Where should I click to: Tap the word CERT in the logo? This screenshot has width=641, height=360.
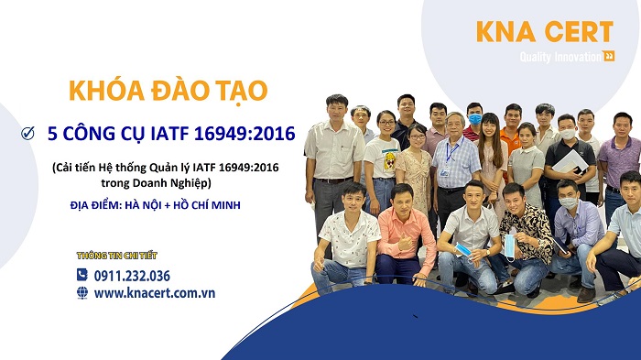(x=575, y=32)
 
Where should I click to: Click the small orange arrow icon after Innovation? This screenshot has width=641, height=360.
(x=609, y=57)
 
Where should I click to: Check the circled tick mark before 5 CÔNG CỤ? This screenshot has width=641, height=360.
(x=27, y=135)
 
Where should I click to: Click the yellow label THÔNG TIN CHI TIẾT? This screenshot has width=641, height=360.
(x=111, y=256)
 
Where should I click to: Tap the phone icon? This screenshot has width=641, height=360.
(x=82, y=275)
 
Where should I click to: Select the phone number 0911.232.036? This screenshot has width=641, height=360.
(x=132, y=275)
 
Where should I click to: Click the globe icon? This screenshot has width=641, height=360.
(x=82, y=293)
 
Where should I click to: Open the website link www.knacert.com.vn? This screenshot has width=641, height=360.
(x=154, y=293)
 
